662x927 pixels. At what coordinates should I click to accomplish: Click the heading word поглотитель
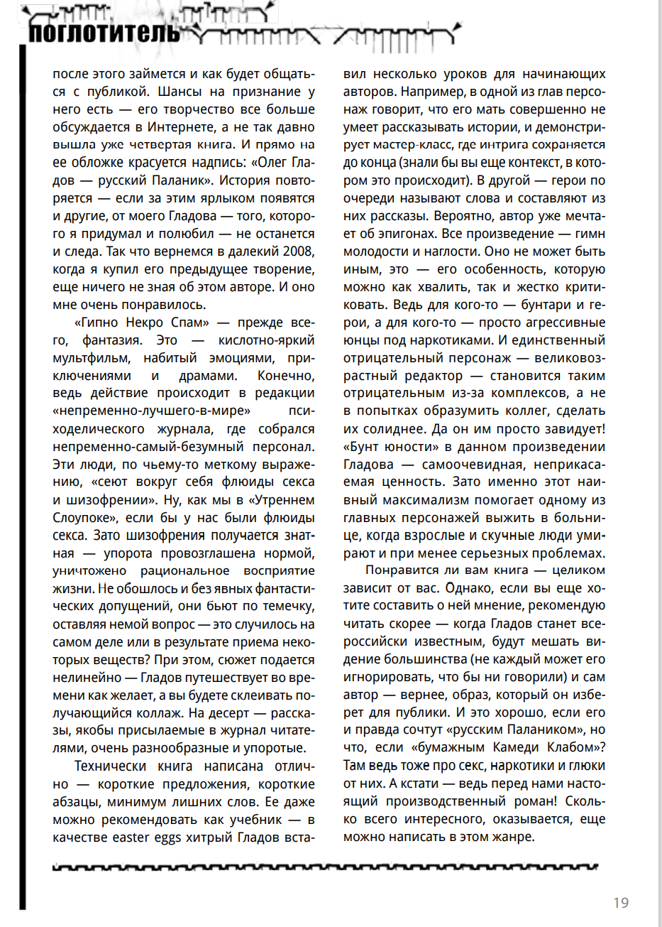104,33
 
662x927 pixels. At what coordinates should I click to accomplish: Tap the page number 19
621,903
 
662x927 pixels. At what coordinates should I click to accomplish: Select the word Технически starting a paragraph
111,766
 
